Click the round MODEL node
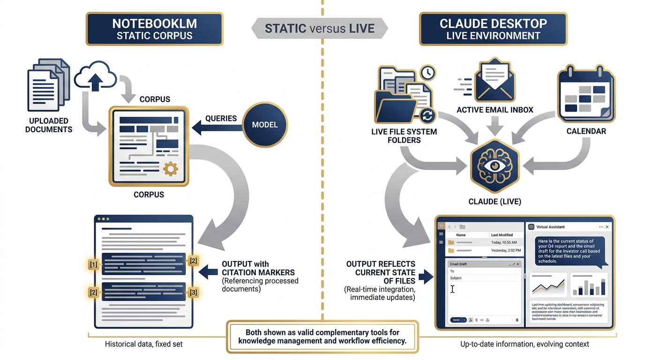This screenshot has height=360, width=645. point(265,124)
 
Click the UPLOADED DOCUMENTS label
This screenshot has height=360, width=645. point(49,125)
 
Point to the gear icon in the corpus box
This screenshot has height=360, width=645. point(170,168)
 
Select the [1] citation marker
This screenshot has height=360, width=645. point(94,264)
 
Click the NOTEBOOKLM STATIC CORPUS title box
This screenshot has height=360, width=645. point(154,29)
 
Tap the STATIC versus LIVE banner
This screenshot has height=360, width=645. point(320,29)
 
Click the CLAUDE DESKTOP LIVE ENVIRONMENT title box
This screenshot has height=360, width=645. point(493,29)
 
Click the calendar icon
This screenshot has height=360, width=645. point(586,93)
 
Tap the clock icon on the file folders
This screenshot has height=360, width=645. point(427,73)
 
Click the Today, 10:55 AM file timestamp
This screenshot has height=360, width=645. point(504,242)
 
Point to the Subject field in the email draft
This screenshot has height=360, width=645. point(483,278)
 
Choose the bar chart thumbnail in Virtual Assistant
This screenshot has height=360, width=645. point(589,285)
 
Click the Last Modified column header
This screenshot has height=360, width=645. point(502,235)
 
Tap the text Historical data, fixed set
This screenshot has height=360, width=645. point(144,344)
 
